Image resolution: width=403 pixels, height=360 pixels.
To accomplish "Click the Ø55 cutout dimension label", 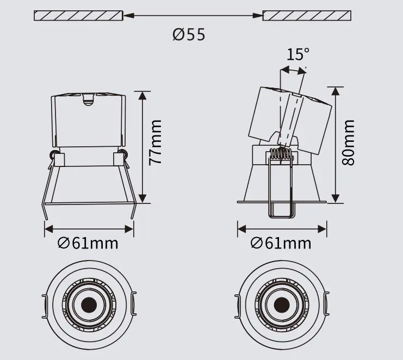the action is tap(189, 34).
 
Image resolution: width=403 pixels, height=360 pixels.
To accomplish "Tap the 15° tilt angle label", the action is tap(298, 54).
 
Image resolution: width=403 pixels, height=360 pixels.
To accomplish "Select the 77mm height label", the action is tap(155, 142).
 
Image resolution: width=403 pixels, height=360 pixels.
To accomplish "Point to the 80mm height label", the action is tap(348, 142).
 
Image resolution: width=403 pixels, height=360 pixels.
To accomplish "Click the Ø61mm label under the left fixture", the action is tap(88, 243).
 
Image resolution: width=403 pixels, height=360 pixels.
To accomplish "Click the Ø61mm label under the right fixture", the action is tap(281, 243).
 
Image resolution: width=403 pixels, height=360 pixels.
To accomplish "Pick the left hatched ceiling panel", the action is tap(78, 15).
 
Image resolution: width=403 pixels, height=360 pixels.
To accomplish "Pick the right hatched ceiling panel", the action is tap(307, 15).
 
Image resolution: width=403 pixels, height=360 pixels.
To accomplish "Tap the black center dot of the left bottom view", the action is tap(89, 305).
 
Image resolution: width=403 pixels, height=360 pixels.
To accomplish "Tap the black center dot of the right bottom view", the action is tap(282, 305).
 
